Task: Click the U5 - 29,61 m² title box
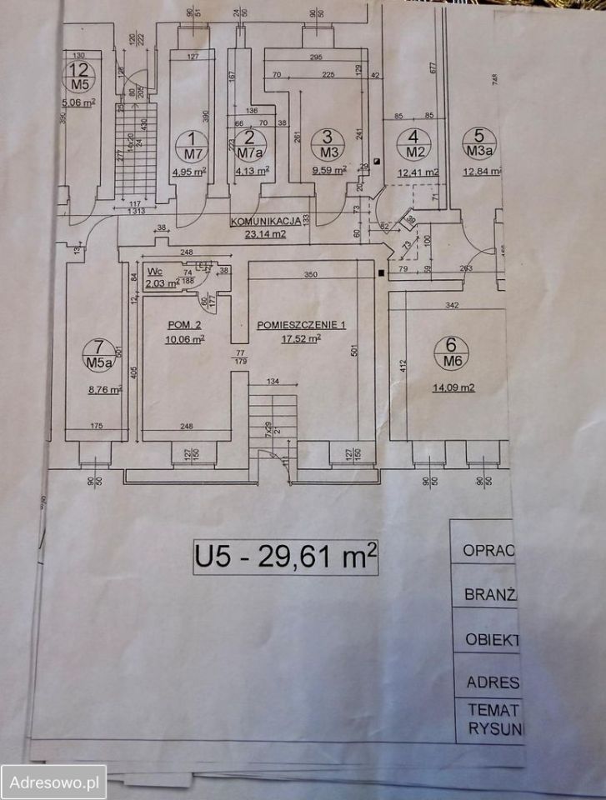tap(286, 557)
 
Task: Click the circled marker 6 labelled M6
tap(451, 352)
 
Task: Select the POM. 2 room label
tap(182, 326)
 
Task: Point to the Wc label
tap(154, 272)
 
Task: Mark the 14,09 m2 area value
tap(454, 387)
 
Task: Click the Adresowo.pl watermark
tap(53, 782)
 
